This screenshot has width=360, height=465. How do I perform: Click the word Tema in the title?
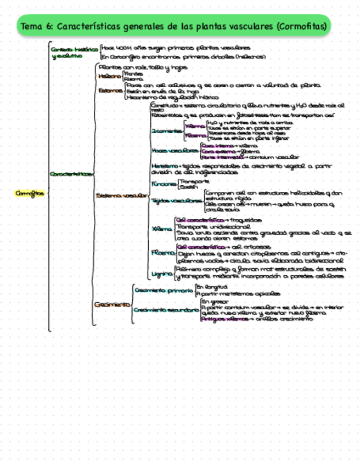[32, 26]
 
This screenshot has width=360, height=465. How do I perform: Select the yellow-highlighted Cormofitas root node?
[30, 193]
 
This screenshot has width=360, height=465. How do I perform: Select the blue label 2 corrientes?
[167, 131]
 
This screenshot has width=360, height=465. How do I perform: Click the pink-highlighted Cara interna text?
[213, 145]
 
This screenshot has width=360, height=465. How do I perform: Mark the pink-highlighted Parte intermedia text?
[219, 157]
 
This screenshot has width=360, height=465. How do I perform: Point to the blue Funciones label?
[164, 184]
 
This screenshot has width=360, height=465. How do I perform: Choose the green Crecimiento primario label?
[163, 290]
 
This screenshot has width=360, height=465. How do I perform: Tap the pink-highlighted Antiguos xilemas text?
[224, 319]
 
